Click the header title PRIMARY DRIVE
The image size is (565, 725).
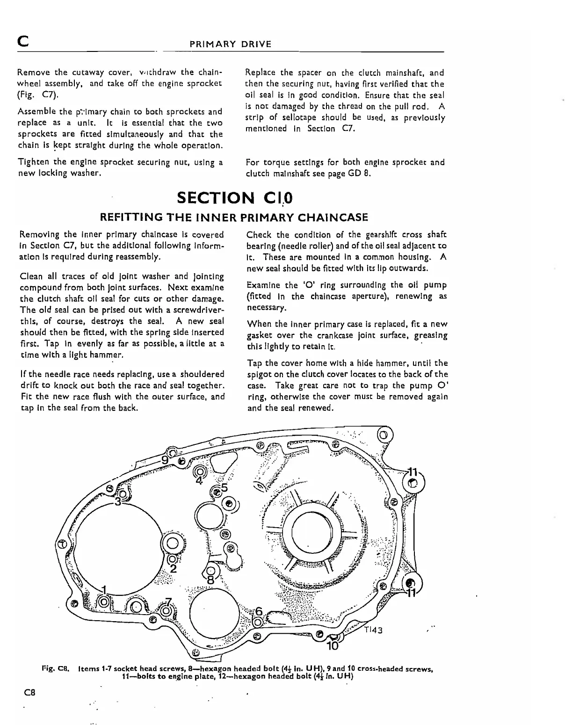coord(230,44)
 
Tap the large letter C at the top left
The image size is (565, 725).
coord(22,43)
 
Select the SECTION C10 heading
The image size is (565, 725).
coord(235,198)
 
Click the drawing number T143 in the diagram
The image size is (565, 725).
coord(374,630)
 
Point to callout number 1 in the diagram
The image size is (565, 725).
coord(105,589)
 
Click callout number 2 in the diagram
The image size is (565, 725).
coord(173,569)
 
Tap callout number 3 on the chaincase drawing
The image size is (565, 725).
coord(118,502)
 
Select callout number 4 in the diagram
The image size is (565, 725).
coord(199,480)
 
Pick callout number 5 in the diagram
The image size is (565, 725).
coord(225,488)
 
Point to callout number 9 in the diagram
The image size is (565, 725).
coord(165,460)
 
